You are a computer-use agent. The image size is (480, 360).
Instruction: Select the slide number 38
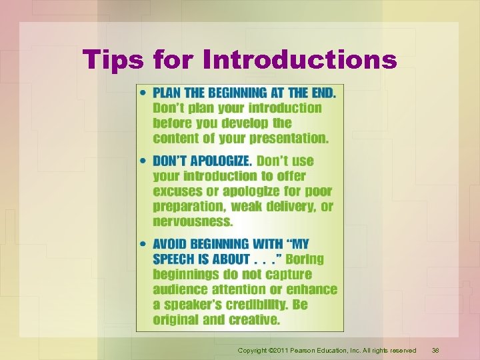click(x=435, y=350)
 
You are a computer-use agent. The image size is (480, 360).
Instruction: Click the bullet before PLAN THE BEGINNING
click(x=145, y=93)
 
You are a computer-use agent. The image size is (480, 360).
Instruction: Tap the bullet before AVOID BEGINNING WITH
click(x=145, y=244)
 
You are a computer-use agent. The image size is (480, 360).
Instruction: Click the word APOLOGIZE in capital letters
click(x=221, y=161)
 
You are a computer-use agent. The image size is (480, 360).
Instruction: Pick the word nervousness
click(x=193, y=221)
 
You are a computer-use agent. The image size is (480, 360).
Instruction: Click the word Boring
click(x=305, y=259)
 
